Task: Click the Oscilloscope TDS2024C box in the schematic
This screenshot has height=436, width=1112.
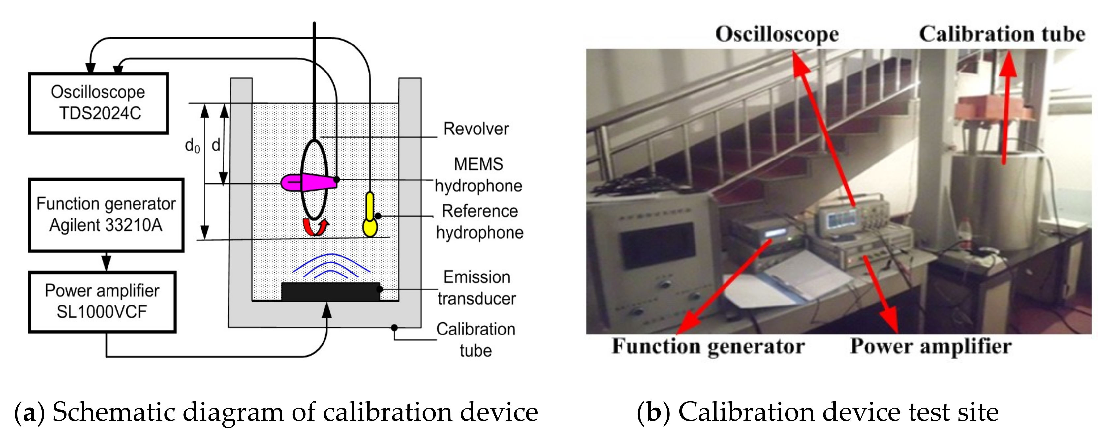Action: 98,103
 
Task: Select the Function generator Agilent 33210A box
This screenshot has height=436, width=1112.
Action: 106,214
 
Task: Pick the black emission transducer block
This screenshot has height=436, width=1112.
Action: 330,292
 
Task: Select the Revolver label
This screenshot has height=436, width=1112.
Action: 476,129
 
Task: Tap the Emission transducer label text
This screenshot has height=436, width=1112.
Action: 477,288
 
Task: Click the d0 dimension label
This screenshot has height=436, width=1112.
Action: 192,146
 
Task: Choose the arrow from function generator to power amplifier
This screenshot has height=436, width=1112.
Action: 106,261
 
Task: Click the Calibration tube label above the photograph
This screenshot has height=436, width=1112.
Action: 1002,34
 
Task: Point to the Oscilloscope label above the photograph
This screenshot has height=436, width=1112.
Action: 777,34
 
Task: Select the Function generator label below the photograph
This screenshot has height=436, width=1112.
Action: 708,346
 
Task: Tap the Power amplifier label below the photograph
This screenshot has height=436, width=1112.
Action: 931,346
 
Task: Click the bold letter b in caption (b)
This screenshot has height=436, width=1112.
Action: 654,412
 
